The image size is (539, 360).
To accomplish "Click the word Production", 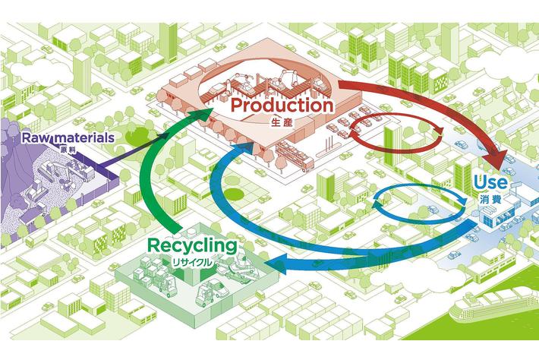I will [x=282, y=106].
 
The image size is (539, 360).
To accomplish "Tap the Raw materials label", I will [x=68, y=138].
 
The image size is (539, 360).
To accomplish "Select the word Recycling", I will [x=193, y=246].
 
